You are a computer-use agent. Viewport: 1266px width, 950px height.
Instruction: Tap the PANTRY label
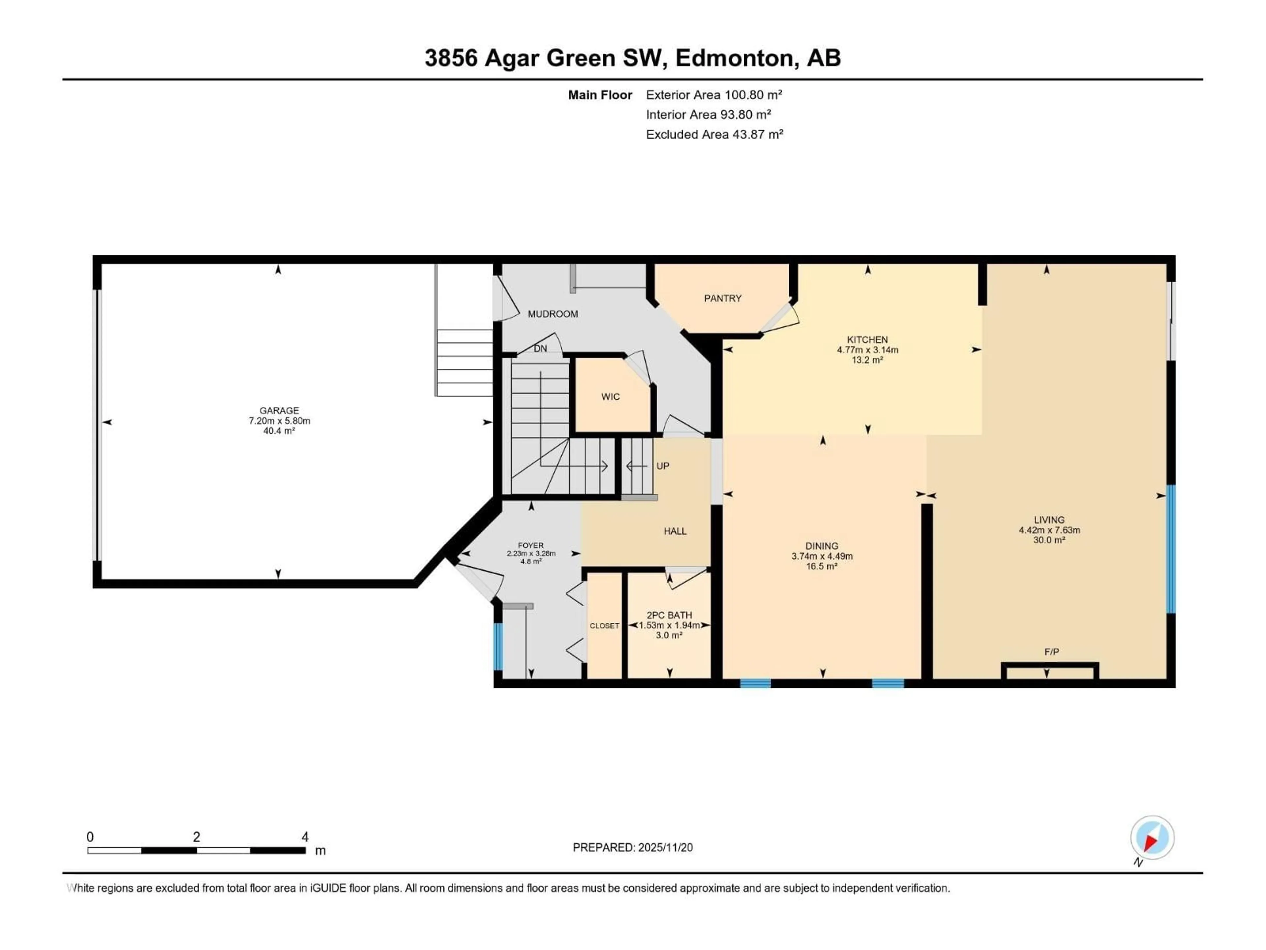click(722, 298)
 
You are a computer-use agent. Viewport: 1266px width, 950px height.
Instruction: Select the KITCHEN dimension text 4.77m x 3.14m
click(867, 350)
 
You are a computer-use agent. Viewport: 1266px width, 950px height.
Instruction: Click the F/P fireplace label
click(1051, 652)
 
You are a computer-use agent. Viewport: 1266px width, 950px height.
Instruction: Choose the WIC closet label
click(610, 397)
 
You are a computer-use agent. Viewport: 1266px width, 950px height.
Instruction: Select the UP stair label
click(662, 466)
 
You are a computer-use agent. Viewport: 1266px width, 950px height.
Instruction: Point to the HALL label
click(675, 531)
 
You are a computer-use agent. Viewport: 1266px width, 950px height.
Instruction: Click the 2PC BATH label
click(669, 615)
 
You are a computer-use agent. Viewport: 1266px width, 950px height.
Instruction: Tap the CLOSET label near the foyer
click(604, 626)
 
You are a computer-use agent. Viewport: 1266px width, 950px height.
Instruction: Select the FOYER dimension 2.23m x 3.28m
click(530, 554)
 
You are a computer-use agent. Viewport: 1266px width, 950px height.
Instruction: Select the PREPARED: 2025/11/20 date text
click(632, 847)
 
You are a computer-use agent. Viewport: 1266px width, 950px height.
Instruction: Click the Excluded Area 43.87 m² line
click(714, 135)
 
